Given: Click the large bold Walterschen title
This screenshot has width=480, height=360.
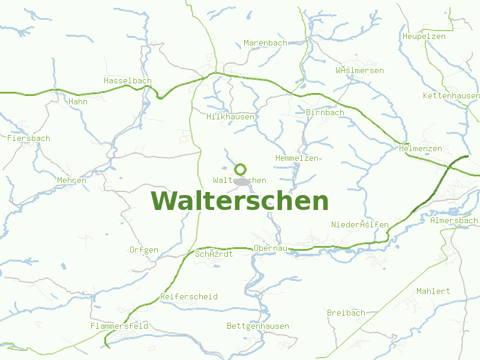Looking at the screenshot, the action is click(240, 201).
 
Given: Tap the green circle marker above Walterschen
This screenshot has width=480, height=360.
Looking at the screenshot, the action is click(241, 169).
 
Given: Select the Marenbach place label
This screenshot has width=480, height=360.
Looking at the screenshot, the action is click(265, 43).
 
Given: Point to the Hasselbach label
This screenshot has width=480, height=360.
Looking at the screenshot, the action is click(128, 80).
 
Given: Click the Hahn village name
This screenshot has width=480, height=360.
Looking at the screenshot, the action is click(78, 101).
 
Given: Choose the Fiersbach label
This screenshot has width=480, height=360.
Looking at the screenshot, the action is click(29, 138).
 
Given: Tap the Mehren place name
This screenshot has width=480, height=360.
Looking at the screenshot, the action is click(72, 180).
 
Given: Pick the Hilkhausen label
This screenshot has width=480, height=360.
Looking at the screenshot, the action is click(230, 116).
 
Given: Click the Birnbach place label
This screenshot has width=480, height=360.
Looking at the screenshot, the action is click(325, 112).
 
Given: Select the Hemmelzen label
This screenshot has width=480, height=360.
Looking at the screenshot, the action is click(296, 158).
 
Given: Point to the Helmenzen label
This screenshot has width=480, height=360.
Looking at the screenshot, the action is click(420, 148).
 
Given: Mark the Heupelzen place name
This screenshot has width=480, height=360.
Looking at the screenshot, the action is click(424, 37).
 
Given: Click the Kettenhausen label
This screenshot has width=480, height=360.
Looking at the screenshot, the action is click(451, 96).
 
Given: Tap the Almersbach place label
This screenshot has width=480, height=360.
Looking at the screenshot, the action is click(454, 220).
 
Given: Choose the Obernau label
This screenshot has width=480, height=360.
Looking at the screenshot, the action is click(271, 248).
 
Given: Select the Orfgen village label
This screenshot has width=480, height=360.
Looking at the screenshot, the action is click(144, 250).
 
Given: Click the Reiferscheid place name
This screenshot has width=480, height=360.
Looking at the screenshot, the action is click(189, 296).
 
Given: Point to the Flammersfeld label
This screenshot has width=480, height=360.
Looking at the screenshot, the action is click(119, 326).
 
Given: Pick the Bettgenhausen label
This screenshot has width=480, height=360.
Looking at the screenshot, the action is click(258, 326).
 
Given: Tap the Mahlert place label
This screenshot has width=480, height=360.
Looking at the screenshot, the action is click(433, 291).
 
